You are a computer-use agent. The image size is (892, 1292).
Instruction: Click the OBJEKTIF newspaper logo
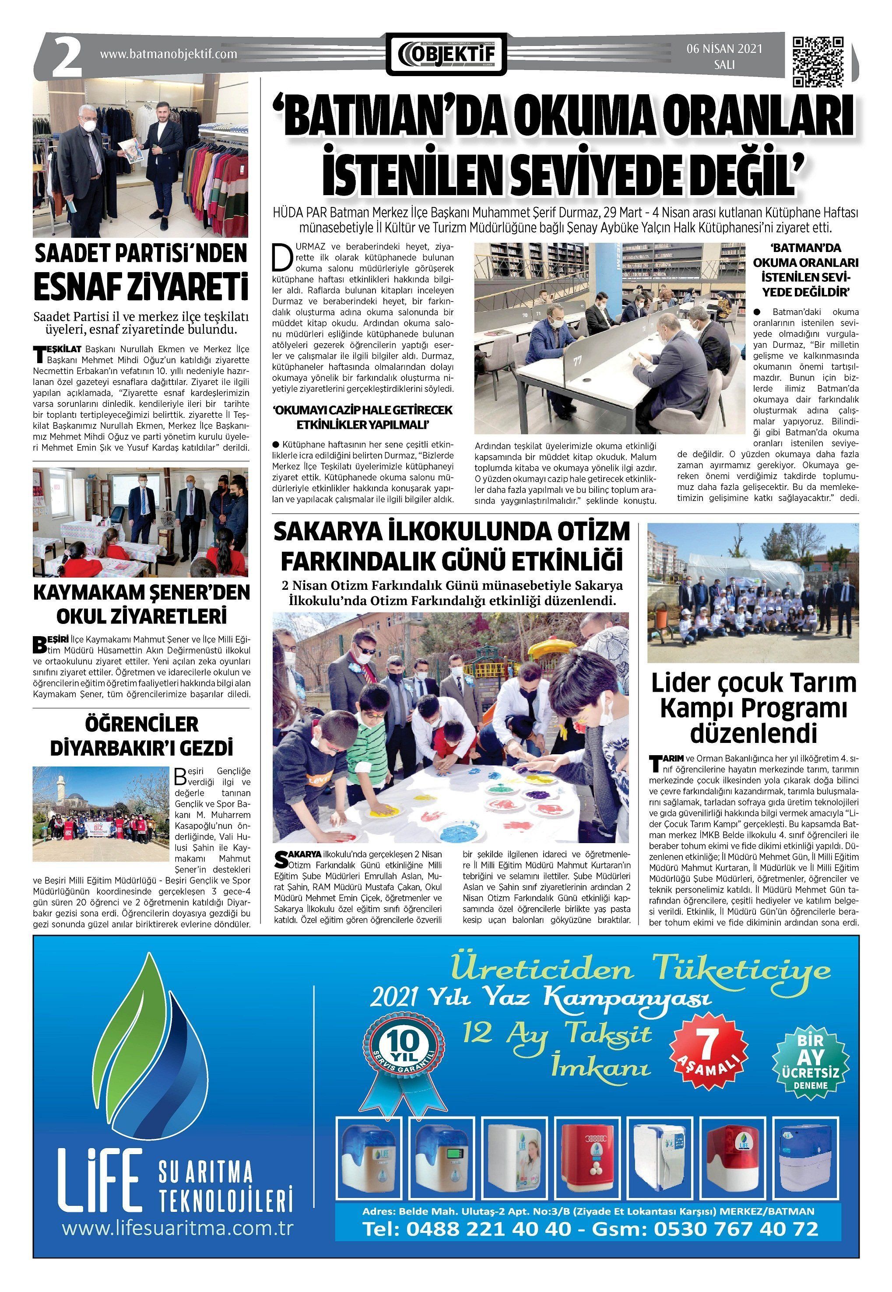[x=446, y=54]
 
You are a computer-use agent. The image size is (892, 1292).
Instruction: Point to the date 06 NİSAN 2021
[x=724, y=49]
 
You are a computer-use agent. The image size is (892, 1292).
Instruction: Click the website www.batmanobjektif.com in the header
[x=168, y=54]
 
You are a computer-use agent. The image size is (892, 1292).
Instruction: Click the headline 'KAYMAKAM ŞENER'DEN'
[x=141, y=592]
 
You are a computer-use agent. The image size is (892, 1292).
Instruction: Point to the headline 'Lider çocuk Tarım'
[x=753, y=683]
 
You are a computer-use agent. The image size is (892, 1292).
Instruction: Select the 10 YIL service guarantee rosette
[x=404, y=1044]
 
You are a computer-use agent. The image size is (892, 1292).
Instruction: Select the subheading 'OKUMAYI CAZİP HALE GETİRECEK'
[x=362, y=410]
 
